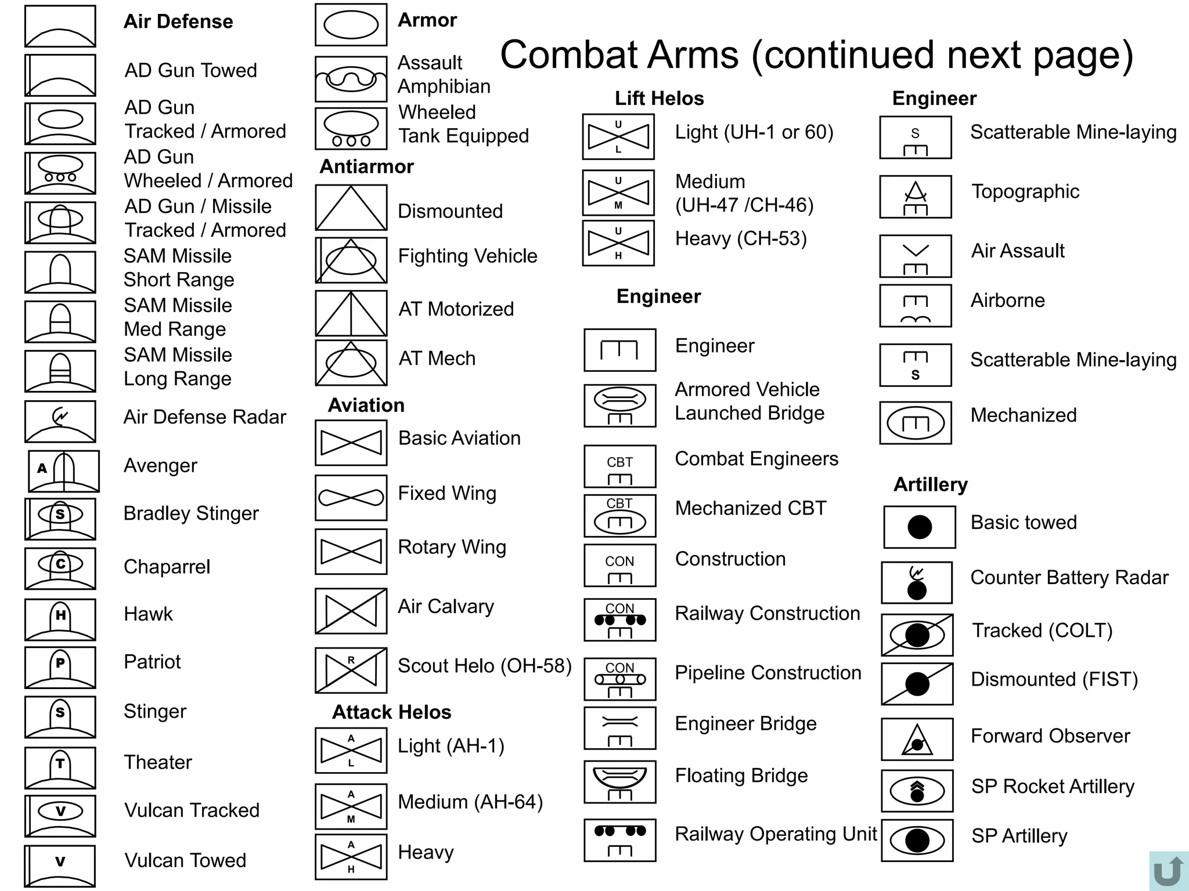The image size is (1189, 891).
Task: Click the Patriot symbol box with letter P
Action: click(60, 668)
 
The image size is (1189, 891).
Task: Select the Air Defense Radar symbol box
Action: click(60, 422)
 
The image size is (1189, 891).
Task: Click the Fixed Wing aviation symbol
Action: click(351, 498)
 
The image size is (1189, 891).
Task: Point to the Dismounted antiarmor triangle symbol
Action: click(351, 208)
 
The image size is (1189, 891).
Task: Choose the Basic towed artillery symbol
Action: click(920, 527)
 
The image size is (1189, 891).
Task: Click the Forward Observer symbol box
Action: click(917, 739)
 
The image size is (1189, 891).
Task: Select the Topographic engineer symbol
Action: click(916, 197)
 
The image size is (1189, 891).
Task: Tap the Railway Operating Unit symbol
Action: click(620, 840)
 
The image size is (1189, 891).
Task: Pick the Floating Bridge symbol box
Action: click(620, 782)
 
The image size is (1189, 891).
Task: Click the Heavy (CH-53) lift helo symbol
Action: click(618, 243)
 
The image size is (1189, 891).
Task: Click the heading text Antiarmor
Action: click(366, 166)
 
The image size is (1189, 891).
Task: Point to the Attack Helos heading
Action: click(391, 712)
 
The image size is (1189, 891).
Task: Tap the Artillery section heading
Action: click(931, 484)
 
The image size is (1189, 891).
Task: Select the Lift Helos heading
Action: click(660, 99)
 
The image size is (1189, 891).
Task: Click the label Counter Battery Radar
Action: click(1069, 578)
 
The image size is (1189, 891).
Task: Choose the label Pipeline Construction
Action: click(768, 673)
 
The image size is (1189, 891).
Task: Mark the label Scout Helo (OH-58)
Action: click(485, 666)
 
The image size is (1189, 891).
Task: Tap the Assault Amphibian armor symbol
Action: click(351, 79)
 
